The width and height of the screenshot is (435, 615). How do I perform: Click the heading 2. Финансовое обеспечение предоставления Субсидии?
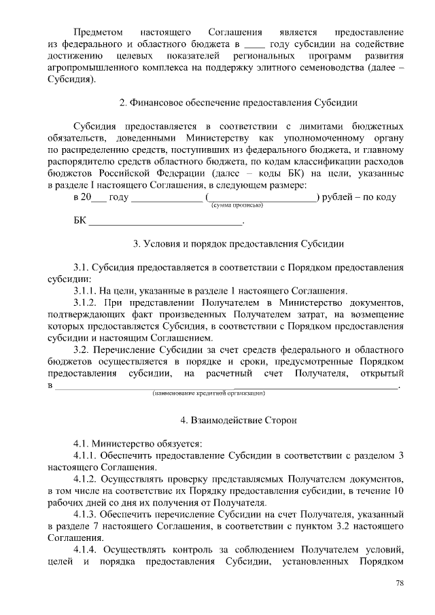coord(239,103)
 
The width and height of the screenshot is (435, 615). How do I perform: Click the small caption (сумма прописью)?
coord(237,205)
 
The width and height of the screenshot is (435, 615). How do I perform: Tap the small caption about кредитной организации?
coord(209,392)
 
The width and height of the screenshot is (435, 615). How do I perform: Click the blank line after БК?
coord(166,222)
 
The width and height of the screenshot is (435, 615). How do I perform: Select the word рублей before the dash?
coord(340,197)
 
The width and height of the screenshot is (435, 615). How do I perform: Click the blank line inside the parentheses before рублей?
coord(262,197)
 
